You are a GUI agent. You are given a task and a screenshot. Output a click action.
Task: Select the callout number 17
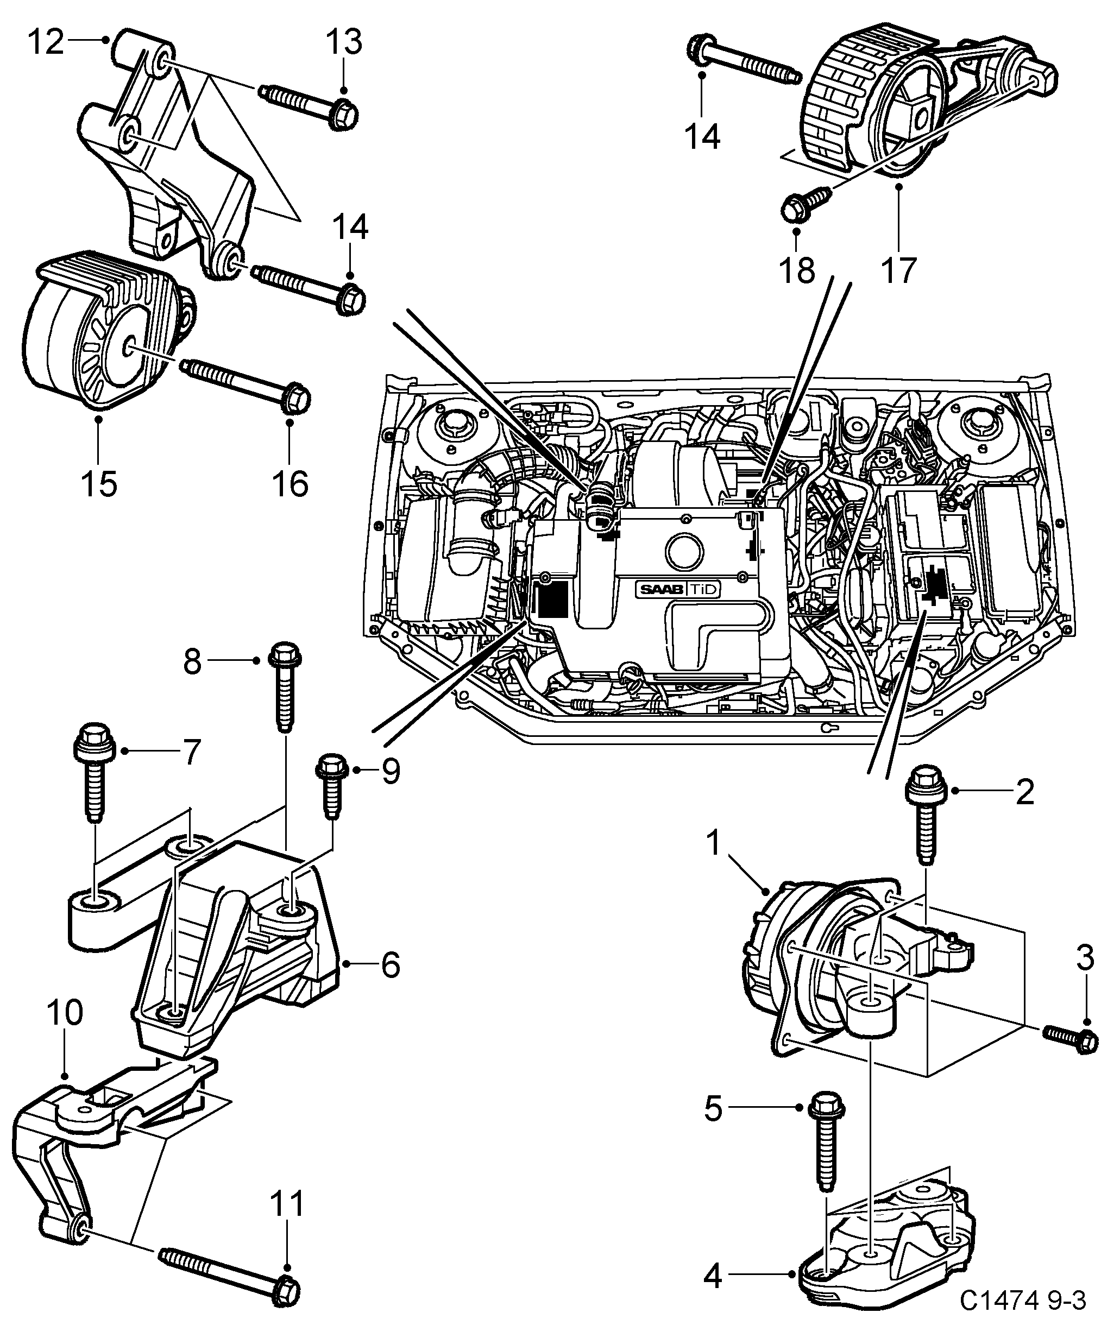[x=898, y=272]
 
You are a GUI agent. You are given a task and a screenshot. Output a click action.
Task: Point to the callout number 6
[x=390, y=965]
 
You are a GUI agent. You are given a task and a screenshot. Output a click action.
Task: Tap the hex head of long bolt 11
[x=288, y=1290]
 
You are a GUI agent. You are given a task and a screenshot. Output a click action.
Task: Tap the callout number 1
[x=713, y=843]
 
